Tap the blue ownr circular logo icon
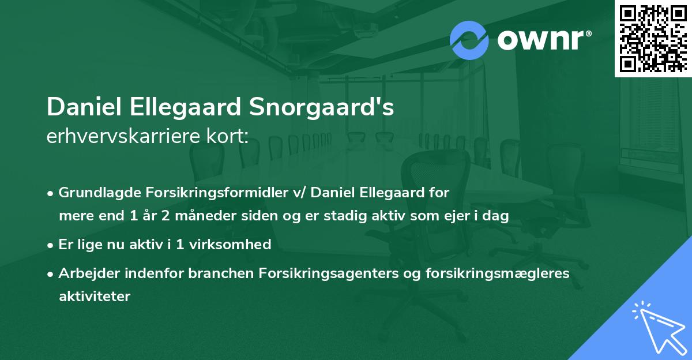(469, 40)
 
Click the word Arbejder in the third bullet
(85, 273)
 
